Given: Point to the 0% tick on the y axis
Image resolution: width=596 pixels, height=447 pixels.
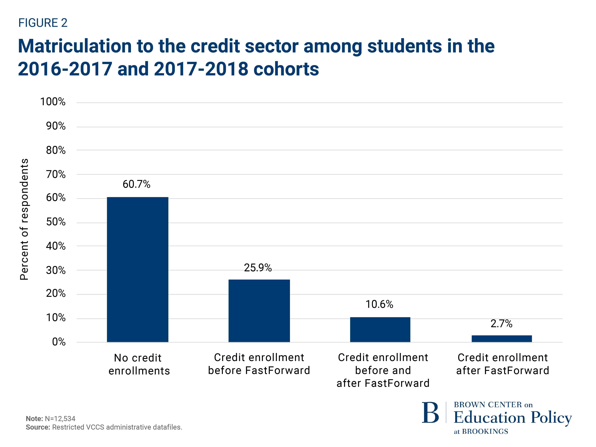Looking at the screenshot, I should (59, 342).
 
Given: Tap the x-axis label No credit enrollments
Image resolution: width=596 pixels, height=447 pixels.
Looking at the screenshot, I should (139, 364).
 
